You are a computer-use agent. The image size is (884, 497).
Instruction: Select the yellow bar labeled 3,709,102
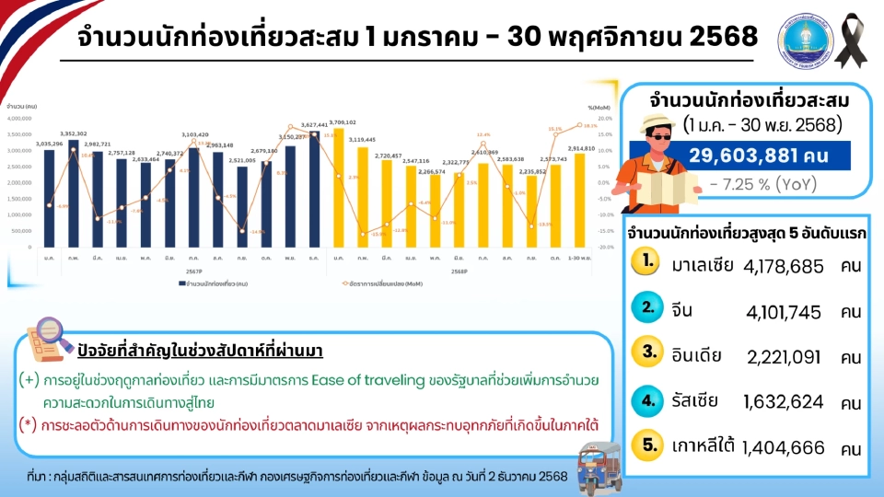(x=340, y=189)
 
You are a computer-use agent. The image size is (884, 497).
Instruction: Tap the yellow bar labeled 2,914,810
(x=580, y=202)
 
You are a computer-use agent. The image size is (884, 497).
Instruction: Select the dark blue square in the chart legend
(x=181, y=286)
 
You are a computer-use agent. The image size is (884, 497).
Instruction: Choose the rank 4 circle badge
(x=649, y=399)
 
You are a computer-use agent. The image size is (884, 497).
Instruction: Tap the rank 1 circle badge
(x=649, y=262)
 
